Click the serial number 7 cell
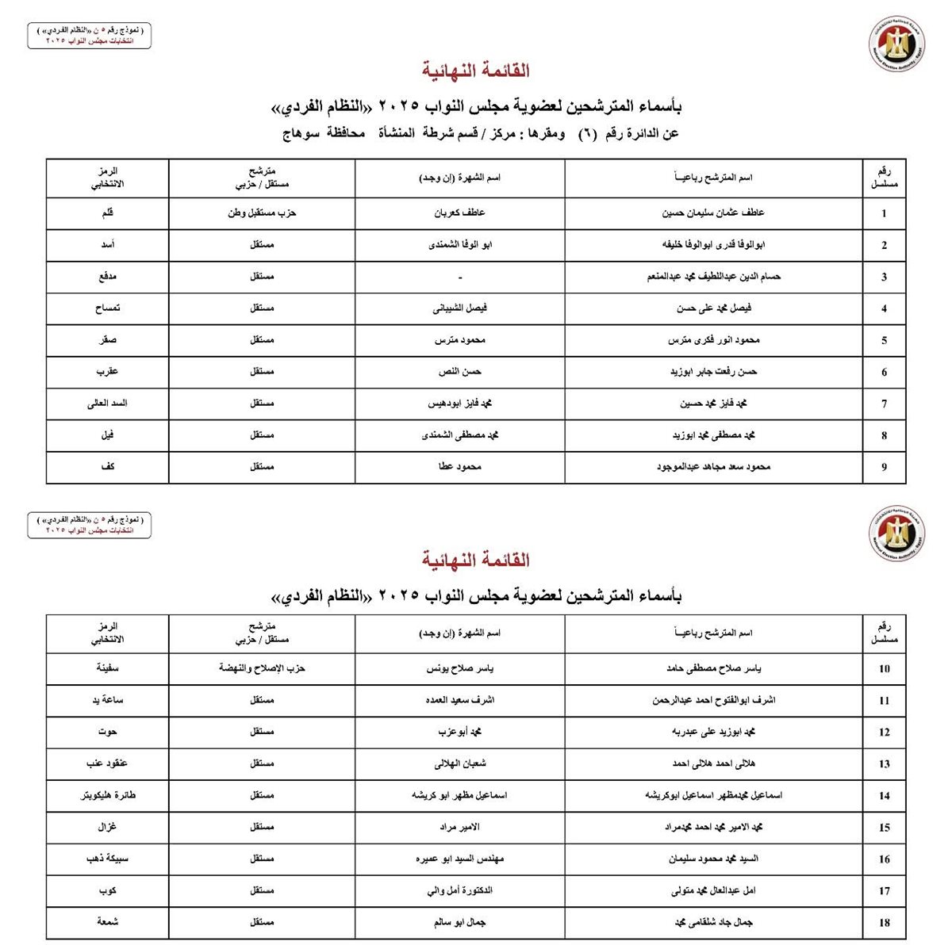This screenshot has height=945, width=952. click(x=884, y=404)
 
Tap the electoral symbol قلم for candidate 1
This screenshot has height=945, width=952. click(x=108, y=213)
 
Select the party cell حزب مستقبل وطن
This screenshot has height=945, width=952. click(x=262, y=213)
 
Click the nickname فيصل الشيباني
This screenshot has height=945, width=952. click(x=460, y=308)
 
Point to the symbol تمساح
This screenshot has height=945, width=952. click(x=108, y=308)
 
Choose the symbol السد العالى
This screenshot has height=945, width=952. click(x=108, y=404)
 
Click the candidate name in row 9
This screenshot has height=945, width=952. click(x=713, y=467)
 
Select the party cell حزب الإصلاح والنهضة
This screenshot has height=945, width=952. click(x=262, y=668)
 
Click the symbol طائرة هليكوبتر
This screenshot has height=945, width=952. click(x=108, y=795)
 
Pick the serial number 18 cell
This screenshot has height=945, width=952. click(x=884, y=923)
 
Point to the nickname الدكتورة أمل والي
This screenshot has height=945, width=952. click(x=460, y=890)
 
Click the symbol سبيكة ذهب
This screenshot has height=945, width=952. click(x=108, y=859)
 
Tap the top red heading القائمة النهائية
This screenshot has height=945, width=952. click(x=476, y=71)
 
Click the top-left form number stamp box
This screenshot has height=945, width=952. click(x=89, y=36)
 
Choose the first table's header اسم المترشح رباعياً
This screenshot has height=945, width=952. click(x=713, y=178)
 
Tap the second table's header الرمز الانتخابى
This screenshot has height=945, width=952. click(x=108, y=633)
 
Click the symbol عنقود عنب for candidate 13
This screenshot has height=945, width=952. click(x=108, y=763)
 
